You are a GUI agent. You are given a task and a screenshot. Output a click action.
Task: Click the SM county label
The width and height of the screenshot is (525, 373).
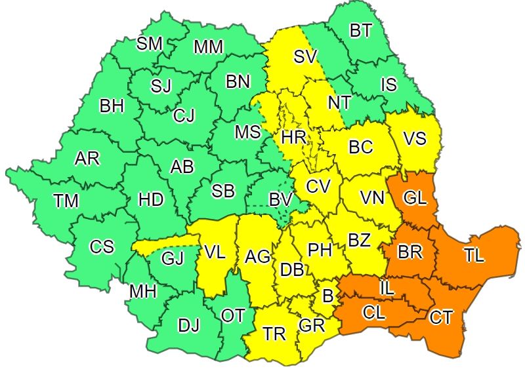[149, 44]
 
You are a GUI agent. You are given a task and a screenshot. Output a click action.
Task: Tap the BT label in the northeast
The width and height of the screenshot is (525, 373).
[360, 31]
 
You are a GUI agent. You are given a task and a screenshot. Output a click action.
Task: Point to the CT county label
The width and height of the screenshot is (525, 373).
[440, 318]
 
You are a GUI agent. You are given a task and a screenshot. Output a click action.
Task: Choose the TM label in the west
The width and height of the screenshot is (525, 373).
[66, 202]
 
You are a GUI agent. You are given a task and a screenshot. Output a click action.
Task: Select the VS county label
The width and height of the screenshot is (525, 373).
[414, 139]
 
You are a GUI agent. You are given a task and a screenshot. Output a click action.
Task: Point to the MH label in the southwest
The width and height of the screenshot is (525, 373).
[142, 292]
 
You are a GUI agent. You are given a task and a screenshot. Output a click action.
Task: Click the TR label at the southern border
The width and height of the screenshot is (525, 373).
[274, 334]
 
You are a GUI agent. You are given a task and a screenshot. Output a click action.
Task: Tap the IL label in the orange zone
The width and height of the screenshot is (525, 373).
[387, 287]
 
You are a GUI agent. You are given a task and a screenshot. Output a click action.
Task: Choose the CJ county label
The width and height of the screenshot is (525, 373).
[184, 116]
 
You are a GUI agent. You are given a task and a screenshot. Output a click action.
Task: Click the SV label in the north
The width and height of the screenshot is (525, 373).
[305, 57]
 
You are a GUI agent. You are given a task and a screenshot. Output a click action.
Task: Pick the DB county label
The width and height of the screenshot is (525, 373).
[291, 269]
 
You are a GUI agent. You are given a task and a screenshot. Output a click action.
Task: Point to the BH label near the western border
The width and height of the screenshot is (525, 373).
[112, 106]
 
